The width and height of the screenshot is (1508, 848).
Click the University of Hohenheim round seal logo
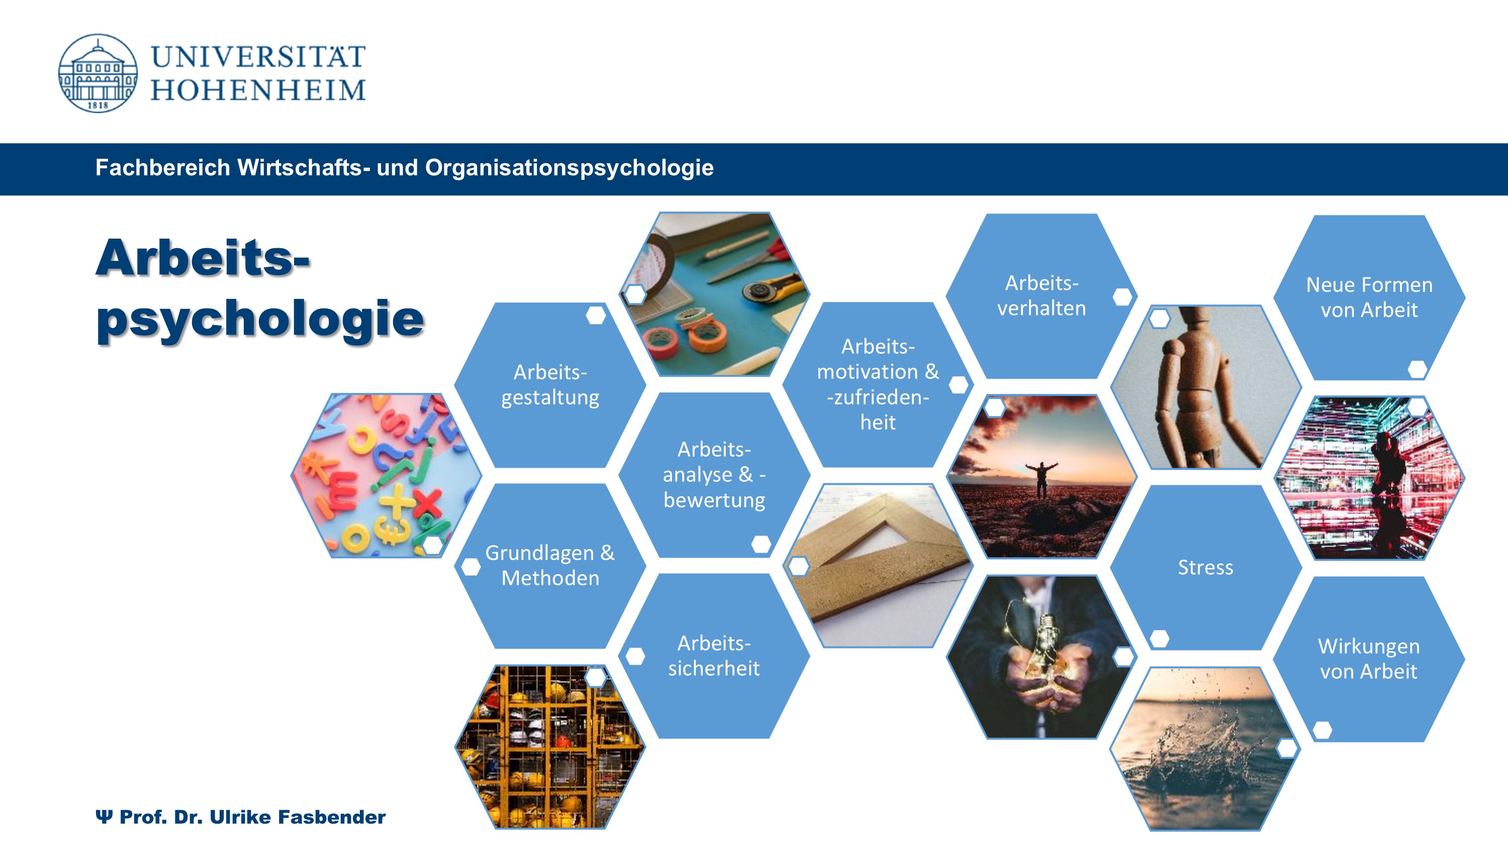[x=98, y=73]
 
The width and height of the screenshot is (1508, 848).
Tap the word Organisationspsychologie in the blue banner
[x=569, y=168]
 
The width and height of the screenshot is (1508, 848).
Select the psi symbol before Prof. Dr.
[x=104, y=816]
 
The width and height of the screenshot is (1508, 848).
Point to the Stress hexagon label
[x=1205, y=567]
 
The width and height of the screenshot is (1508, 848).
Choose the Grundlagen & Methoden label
[x=550, y=565]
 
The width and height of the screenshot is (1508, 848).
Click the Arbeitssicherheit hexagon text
[x=714, y=656]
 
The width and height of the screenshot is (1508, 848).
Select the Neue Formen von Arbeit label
[x=1369, y=297]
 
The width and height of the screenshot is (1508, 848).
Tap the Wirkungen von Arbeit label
[x=1369, y=659]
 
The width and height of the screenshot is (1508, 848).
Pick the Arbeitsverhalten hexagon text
[x=1042, y=295]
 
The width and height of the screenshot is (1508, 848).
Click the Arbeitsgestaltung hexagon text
[x=550, y=384]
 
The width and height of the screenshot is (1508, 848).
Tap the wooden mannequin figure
[x=1206, y=386]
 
